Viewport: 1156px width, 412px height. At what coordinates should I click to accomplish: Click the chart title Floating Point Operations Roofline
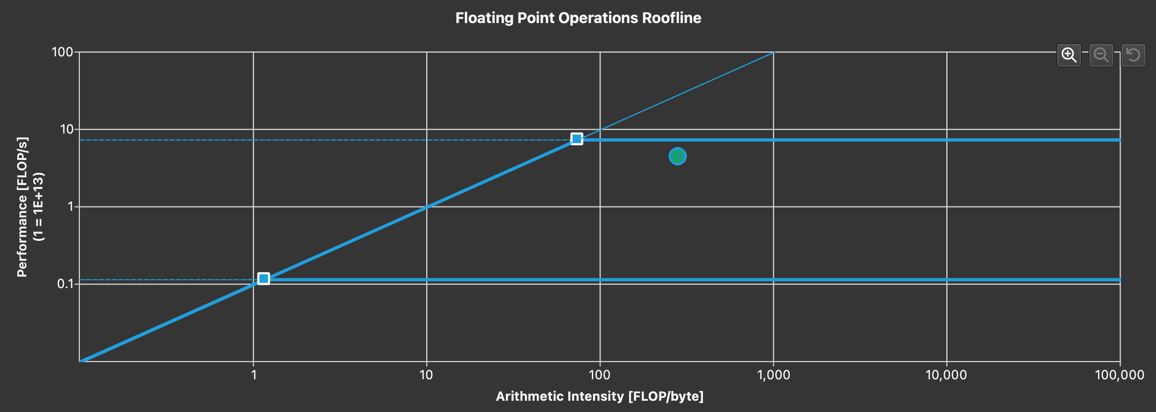(578, 18)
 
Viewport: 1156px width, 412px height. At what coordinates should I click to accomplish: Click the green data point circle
(678, 156)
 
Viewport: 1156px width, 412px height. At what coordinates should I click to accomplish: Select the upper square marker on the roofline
(576, 139)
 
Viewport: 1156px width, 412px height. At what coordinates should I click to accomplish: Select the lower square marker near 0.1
(263, 279)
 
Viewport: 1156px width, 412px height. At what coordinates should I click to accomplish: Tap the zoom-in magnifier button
(1069, 55)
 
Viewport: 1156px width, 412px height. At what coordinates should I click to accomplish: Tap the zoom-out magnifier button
(1101, 55)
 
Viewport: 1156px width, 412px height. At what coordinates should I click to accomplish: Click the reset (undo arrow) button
(1133, 55)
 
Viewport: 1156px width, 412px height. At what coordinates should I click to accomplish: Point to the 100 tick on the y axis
(62, 52)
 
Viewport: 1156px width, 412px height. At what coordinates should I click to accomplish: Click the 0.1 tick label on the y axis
(65, 284)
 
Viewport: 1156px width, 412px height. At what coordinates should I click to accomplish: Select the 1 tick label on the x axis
(254, 375)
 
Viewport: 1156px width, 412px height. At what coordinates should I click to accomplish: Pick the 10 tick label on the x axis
(426, 375)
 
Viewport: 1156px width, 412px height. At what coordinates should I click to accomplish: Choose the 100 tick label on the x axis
(600, 375)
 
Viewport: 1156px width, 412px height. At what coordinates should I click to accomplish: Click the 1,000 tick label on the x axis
(773, 375)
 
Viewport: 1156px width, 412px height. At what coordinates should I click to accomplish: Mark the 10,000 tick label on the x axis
(946, 375)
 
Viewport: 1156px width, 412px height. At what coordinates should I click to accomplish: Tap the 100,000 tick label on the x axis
(1120, 375)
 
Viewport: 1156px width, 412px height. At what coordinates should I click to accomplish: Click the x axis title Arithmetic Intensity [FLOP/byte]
(599, 396)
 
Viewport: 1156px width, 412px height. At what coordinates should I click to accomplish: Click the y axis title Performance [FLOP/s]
(22, 207)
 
